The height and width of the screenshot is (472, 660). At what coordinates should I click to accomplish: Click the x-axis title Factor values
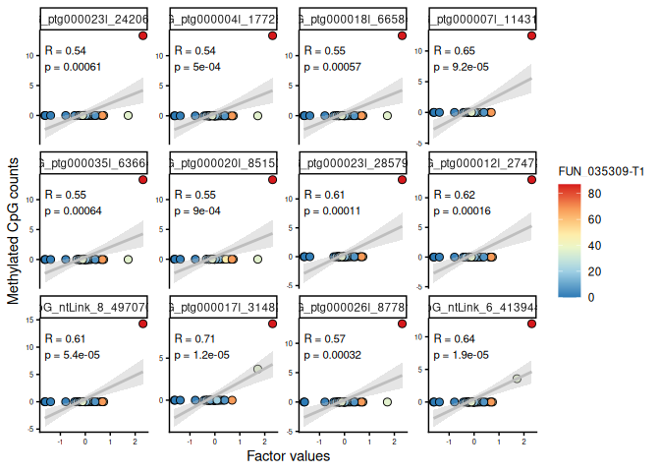coord(288,456)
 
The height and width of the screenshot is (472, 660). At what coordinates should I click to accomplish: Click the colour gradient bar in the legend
coord(571,246)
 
